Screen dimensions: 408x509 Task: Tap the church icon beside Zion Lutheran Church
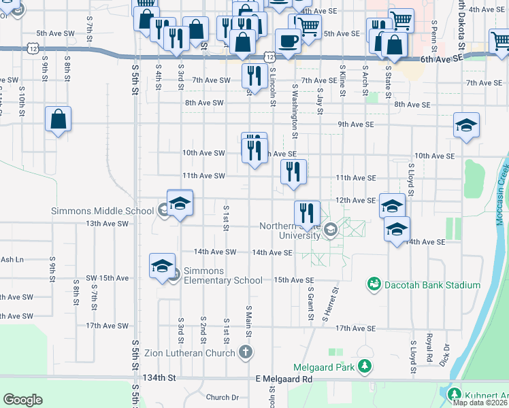coord(246,352)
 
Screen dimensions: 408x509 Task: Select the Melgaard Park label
coord(325,367)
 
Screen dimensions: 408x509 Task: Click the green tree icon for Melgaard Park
coord(365,367)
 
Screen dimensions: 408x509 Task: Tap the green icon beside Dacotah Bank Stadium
coord(373,284)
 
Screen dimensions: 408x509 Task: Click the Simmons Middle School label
coord(102,211)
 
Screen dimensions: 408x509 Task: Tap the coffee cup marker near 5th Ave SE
coord(286,40)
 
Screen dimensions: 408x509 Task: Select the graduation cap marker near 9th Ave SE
coord(466,126)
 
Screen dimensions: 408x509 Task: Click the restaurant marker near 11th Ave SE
coord(294,172)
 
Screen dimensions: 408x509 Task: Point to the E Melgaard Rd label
coord(284,379)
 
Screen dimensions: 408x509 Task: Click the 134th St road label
coord(159,377)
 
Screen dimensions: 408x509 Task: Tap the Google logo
coord(22,400)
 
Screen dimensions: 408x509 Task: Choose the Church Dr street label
coord(222,397)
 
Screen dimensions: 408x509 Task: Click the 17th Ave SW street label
coord(108,326)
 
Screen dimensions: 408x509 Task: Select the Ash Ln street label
coord(12,259)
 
